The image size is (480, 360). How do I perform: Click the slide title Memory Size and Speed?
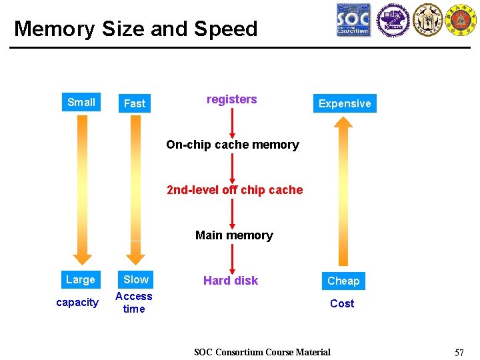coord(135,29)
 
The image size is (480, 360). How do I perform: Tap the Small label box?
coord(81,102)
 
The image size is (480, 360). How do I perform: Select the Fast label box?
coord(134,103)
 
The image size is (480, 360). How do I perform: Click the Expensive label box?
coord(344,103)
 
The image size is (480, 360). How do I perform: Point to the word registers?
coord(231,99)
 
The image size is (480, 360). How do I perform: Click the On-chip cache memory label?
coord(232,145)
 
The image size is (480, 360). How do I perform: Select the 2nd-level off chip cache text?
coord(235,190)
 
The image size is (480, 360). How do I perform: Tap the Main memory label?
coord(234,235)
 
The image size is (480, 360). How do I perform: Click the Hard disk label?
coord(231,281)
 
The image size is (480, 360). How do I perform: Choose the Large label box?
coord(80,279)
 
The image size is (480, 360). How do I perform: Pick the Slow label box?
coord(136,279)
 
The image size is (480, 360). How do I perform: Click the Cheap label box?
coord(343,281)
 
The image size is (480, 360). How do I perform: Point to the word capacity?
coord(77,303)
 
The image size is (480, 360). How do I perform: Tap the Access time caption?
coord(134,303)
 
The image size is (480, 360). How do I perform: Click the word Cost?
coord(342,303)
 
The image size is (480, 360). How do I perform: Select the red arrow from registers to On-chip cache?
coord(232,122)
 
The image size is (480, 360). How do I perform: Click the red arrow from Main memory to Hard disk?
coord(232,259)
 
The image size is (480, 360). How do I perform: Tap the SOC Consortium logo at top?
coord(353,19)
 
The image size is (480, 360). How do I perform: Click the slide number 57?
coord(459,352)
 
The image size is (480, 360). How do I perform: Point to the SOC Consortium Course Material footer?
coord(262,352)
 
